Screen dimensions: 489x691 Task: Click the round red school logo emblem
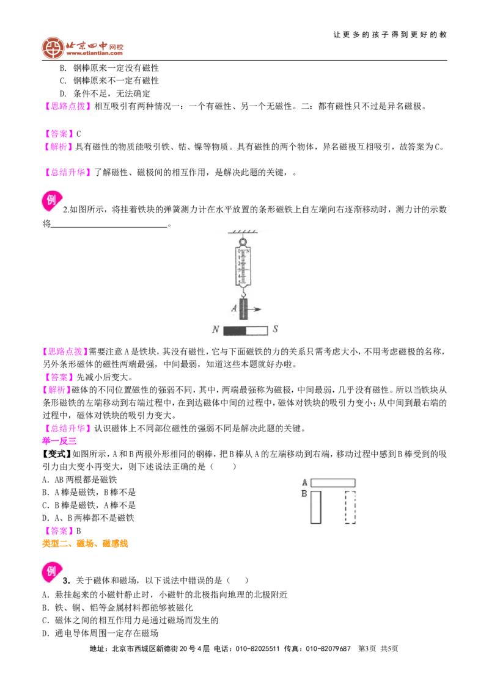pyautogui.click(x=53, y=48)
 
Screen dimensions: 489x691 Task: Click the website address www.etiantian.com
pyautogui.click(x=95, y=53)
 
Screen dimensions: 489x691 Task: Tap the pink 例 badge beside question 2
pyautogui.click(x=51, y=200)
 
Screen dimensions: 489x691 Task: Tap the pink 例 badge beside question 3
pyautogui.click(x=51, y=571)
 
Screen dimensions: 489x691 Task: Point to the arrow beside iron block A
pyautogui.click(x=255, y=309)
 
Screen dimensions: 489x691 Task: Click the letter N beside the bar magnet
pyautogui.click(x=215, y=330)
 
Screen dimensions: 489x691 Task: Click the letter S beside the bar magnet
pyautogui.click(x=275, y=329)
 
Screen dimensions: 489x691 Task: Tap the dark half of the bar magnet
pyautogui.click(x=234, y=330)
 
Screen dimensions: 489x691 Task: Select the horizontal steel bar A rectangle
pyautogui.click(x=333, y=483)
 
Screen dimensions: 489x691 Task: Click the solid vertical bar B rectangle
pyautogui.click(x=315, y=507)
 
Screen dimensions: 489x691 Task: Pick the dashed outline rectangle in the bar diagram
pyautogui.click(x=350, y=507)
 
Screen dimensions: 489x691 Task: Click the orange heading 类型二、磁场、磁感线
pyautogui.click(x=85, y=544)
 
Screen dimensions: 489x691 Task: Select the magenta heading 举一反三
pyautogui.click(x=59, y=441)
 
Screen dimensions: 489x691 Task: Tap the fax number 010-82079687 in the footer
pyautogui.click(x=328, y=649)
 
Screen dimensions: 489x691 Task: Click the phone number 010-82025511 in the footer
pyautogui.click(x=258, y=649)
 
